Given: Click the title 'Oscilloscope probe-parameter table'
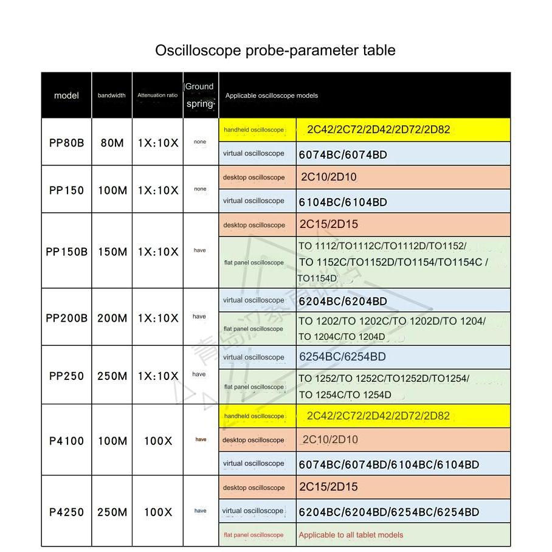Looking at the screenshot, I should click(x=275, y=50).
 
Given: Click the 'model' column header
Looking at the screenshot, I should click(x=66, y=95).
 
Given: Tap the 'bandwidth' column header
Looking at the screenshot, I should click(x=112, y=95).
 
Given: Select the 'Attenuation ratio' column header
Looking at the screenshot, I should click(x=157, y=95).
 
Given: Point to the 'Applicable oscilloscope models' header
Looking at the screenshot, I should click(x=272, y=95).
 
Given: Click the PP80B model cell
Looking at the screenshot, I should click(x=66, y=143).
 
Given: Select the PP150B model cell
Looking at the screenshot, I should click(x=66, y=252).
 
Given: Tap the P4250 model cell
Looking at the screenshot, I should click(x=66, y=512).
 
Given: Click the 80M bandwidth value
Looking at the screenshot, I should click(x=112, y=143).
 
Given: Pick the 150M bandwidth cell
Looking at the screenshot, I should click(x=112, y=252).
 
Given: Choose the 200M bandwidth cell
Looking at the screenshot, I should click(x=112, y=318).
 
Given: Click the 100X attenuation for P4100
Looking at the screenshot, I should click(x=158, y=441).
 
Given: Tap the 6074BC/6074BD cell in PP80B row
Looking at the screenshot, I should click(x=343, y=154).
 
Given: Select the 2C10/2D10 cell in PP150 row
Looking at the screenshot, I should click(x=329, y=178).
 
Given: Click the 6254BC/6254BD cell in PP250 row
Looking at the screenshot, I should click(x=342, y=357).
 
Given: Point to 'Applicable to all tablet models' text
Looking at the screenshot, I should click(x=351, y=535).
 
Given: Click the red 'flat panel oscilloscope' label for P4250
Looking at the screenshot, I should click(x=254, y=535).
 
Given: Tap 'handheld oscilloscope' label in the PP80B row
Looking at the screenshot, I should click(x=254, y=130).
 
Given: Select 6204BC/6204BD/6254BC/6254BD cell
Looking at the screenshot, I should click(x=389, y=512).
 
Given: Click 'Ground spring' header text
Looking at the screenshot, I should click(x=200, y=95).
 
